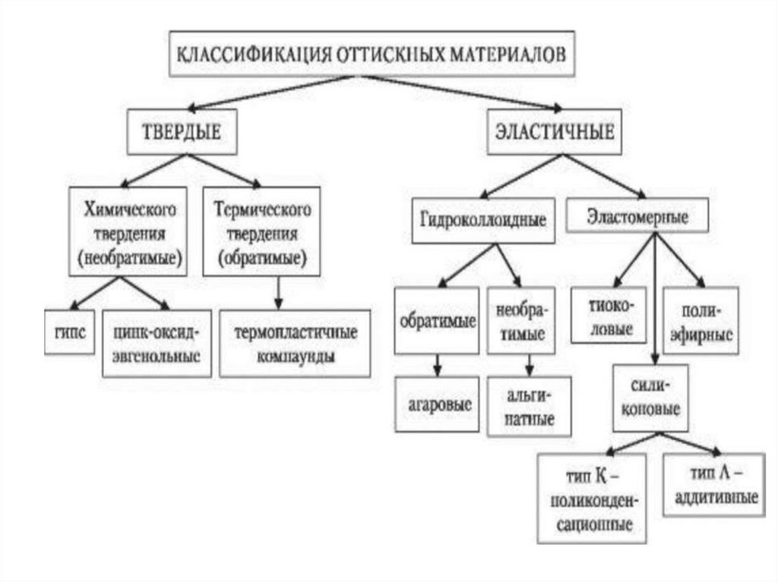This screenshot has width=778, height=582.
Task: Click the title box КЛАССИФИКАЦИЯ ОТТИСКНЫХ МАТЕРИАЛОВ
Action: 372,55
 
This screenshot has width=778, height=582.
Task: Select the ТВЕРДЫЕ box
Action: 182,132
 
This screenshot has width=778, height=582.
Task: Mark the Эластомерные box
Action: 637,216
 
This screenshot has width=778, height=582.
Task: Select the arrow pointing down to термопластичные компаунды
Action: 280,291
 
